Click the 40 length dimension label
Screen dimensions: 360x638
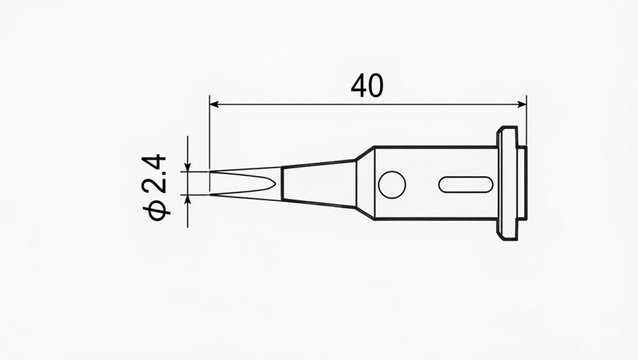(366, 86)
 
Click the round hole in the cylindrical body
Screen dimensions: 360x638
(392, 184)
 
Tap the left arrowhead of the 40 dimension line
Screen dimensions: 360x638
(214, 104)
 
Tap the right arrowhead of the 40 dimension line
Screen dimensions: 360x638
(522, 104)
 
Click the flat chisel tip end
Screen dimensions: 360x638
(211, 183)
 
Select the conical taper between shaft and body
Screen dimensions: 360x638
(365, 184)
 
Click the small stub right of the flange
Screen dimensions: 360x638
(522, 184)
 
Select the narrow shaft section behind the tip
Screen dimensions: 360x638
(318, 184)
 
